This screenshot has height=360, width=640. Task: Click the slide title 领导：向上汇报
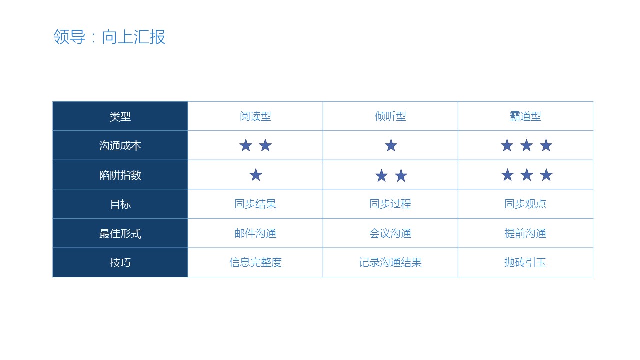pyautogui.click(x=109, y=37)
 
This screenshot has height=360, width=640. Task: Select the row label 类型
pyautogui.click(x=120, y=117)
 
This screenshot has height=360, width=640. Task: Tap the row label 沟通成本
pyautogui.click(x=120, y=146)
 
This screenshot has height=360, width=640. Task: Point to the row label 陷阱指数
pyautogui.click(x=120, y=175)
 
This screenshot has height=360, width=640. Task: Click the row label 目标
pyautogui.click(x=120, y=204)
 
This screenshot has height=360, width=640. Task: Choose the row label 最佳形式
pyautogui.click(x=120, y=234)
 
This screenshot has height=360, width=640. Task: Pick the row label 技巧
pyautogui.click(x=120, y=263)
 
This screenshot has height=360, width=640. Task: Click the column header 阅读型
pyautogui.click(x=255, y=116)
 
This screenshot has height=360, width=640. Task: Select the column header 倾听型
pyautogui.click(x=390, y=116)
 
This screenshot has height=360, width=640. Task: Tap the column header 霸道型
pyautogui.click(x=525, y=116)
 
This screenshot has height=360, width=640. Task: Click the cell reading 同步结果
pyautogui.click(x=255, y=204)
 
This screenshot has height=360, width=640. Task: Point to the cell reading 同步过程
pyautogui.click(x=390, y=204)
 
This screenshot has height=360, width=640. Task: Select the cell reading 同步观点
pyautogui.click(x=525, y=204)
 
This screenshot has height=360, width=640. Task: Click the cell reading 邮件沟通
pyautogui.click(x=255, y=233)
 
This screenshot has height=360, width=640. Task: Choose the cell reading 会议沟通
pyautogui.click(x=390, y=233)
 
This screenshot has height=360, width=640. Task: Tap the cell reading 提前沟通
pyautogui.click(x=525, y=233)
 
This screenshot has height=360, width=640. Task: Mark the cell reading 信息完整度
pyautogui.click(x=255, y=263)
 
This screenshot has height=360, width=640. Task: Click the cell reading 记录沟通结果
pyautogui.click(x=390, y=263)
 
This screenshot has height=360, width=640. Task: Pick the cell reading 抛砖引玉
pyautogui.click(x=525, y=263)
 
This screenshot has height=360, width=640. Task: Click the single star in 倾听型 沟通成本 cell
pyautogui.click(x=391, y=145)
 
